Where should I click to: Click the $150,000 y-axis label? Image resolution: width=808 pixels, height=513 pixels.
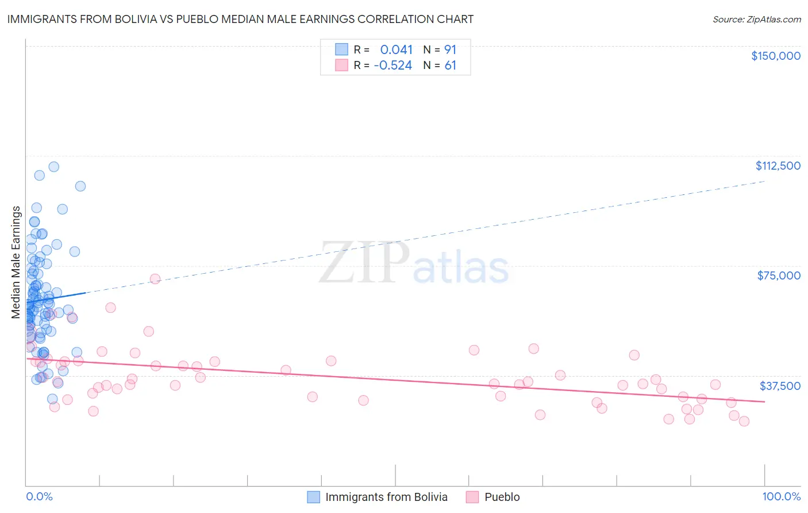click(775, 56)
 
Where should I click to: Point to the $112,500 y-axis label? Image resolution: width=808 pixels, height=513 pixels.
click(778, 166)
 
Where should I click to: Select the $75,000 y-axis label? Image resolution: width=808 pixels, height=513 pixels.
click(779, 275)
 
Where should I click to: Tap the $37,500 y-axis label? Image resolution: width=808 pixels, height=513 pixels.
click(780, 386)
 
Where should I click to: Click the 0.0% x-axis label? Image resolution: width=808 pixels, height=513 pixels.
click(39, 496)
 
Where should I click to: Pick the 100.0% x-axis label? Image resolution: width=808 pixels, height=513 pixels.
click(781, 496)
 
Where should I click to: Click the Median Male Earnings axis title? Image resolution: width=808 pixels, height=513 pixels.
click(16, 262)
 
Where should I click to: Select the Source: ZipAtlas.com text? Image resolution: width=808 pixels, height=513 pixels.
click(756, 20)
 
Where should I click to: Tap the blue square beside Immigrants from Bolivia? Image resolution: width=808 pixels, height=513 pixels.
click(313, 497)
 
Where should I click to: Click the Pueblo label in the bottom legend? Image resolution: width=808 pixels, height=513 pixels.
click(502, 497)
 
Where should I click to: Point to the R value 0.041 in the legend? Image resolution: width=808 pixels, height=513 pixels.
click(396, 50)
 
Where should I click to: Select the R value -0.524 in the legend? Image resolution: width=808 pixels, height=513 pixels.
click(393, 66)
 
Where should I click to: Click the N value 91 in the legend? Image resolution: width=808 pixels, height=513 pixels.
click(450, 50)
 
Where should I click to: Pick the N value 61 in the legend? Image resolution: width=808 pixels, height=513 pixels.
click(450, 66)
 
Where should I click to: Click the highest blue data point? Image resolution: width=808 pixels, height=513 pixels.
click(53, 167)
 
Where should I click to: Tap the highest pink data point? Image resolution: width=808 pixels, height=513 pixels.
click(155, 279)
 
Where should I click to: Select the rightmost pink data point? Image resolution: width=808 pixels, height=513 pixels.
click(744, 421)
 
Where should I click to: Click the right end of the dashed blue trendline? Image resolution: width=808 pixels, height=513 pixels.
click(764, 181)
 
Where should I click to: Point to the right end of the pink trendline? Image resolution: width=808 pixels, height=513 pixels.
click(764, 401)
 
